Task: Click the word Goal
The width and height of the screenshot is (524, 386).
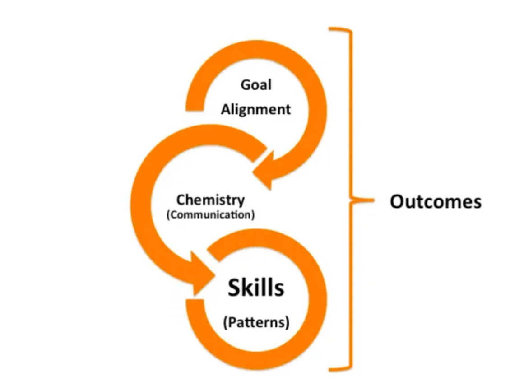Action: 256,85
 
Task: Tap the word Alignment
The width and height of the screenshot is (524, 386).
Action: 255,109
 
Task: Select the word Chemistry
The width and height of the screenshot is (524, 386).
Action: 210,200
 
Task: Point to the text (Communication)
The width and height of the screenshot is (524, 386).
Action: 210,214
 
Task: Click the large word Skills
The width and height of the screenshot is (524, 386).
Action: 256,288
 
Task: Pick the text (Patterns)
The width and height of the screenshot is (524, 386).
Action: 256,323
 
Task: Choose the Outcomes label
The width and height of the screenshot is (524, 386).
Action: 435,202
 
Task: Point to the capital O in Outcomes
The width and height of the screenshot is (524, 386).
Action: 397,202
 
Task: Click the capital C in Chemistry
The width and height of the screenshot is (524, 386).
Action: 181,200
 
